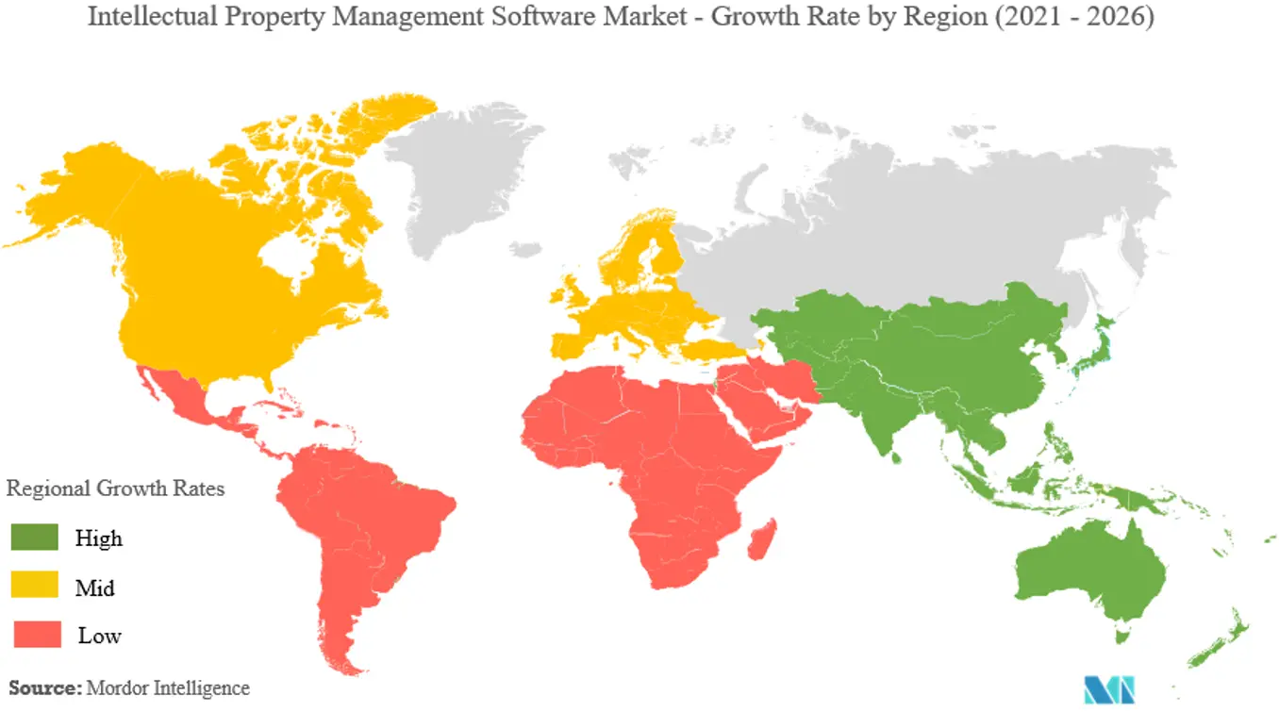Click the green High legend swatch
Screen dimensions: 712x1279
34,538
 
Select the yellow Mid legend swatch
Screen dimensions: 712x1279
34,586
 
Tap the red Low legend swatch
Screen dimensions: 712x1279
34,634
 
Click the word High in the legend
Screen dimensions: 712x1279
99,538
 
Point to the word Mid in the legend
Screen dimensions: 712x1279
95,588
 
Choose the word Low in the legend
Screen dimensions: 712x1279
99,636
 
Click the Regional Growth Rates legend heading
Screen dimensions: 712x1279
115,488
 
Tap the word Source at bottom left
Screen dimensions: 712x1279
43,688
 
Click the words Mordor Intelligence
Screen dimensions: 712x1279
168,688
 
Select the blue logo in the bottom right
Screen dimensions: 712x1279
1108,689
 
